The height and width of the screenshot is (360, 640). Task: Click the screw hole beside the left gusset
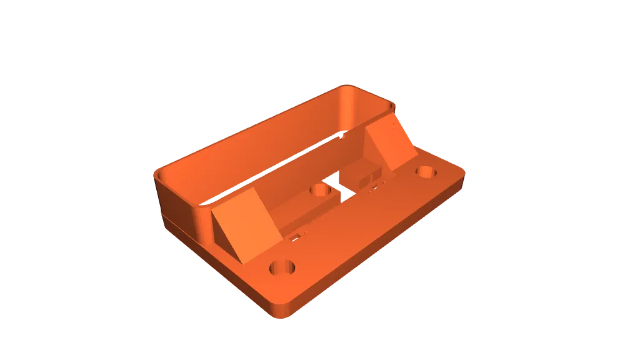(x=282, y=269)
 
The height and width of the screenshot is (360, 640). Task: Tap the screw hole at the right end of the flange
(x=427, y=172)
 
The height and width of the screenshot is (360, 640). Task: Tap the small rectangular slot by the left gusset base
(x=293, y=237)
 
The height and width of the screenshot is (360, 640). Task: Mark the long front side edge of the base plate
(x=381, y=250)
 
